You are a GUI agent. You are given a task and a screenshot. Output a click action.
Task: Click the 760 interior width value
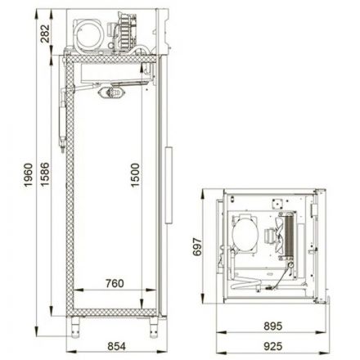[x=114, y=285]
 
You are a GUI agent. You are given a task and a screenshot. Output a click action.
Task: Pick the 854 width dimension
[x=114, y=344]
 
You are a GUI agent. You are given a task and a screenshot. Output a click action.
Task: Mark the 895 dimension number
[x=273, y=325]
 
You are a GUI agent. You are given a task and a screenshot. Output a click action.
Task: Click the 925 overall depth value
[x=273, y=344]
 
